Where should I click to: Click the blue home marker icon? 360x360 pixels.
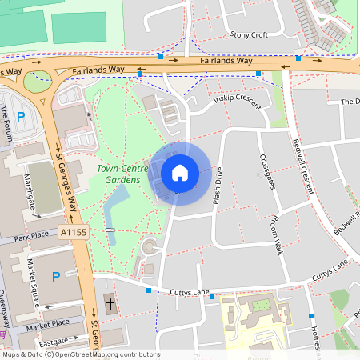coord(180,172)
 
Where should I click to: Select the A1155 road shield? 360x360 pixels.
coord(74,231)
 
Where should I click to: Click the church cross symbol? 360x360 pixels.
coord(110,304)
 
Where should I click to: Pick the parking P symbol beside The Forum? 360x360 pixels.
coord(22,117)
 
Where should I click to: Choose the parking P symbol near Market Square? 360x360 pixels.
coord(55,277)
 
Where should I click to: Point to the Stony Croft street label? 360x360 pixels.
coord(248,35)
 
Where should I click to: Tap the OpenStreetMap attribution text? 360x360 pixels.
coord(80,354)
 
